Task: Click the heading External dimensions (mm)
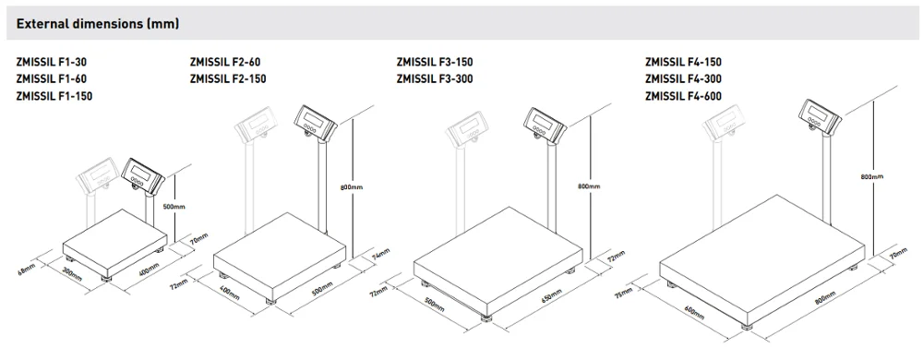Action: point(98,24)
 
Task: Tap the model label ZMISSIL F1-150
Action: point(54,96)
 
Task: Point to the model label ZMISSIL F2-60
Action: point(225,62)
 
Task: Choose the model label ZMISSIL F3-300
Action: point(435,78)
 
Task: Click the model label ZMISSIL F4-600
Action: point(683,96)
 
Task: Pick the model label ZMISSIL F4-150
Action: point(683,62)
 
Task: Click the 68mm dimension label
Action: point(27,270)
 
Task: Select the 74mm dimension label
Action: point(381,254)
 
